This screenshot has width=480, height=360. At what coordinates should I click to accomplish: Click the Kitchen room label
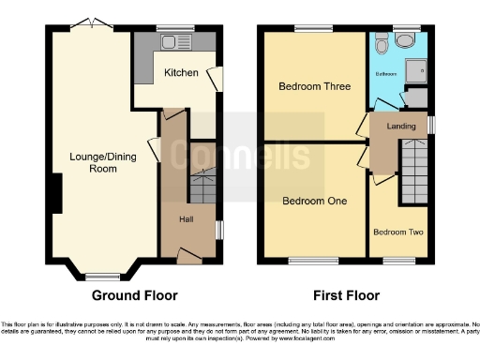coord(181,72)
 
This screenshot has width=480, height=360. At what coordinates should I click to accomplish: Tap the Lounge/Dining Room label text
coord(97,162)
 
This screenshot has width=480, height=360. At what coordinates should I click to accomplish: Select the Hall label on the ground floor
coord(187,218)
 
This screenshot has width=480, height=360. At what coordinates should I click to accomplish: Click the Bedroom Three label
coord(314,86)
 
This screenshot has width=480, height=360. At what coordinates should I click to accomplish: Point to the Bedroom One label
coord(314,201)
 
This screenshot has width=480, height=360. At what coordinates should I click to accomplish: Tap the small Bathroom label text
coord(386,72)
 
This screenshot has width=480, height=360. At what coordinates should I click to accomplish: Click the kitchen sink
coord(174,42)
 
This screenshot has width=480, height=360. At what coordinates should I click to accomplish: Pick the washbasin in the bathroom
coord(406,38)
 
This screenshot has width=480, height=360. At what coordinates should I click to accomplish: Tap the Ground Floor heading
coord(133,294)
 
